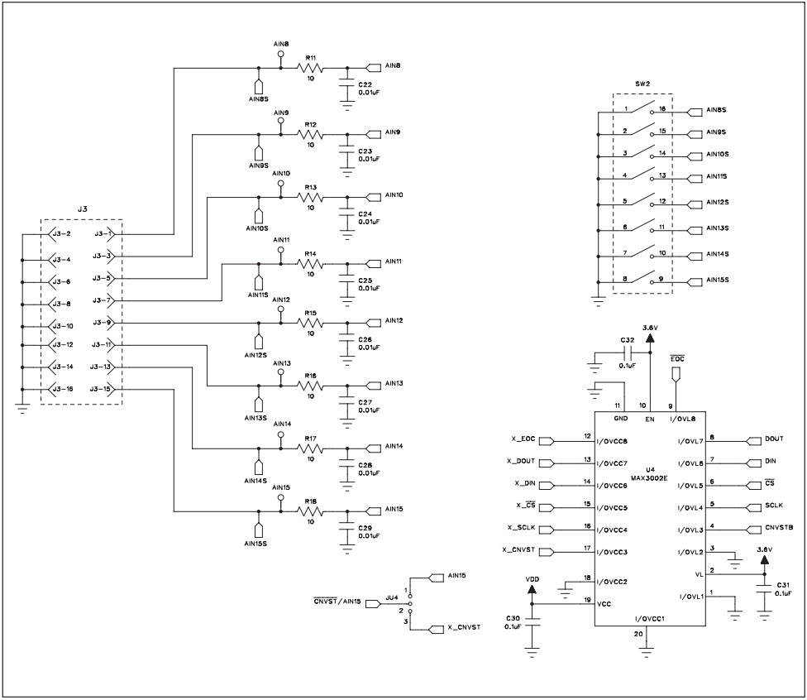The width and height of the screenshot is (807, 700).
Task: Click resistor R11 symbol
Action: (x=312, y=69)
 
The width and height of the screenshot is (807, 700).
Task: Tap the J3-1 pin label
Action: (x=104, y=234)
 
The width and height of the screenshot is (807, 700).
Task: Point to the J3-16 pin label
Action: (x=62, y=389)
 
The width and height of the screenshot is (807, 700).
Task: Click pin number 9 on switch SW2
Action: (x=662, y=280)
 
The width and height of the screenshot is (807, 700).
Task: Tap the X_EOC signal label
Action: (x=523, y=440)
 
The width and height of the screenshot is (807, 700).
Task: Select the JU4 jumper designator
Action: (x=391, y=596)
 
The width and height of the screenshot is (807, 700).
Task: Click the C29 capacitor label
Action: (x=365, y=527)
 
